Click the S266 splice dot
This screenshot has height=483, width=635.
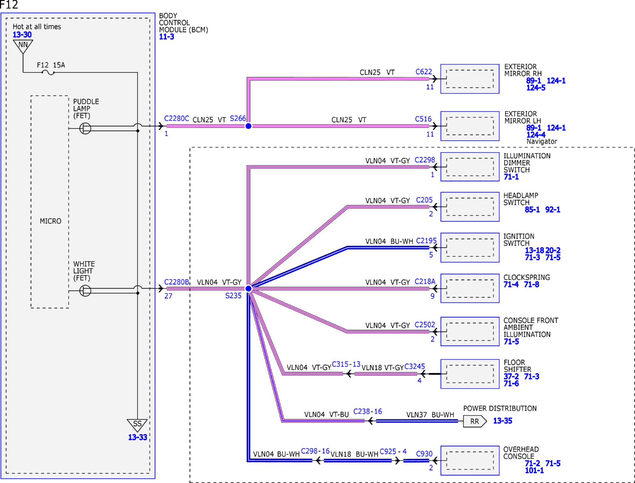248,126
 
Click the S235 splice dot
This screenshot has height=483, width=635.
248,289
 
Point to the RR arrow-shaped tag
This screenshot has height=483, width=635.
475,421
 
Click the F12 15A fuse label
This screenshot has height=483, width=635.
51,65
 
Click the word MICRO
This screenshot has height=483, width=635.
51,221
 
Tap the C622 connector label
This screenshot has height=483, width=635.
424,72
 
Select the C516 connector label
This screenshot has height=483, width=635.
423,119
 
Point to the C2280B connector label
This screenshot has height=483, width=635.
177,282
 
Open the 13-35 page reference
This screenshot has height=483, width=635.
503,421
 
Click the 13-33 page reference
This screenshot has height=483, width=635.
137,437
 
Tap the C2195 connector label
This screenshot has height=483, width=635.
426,241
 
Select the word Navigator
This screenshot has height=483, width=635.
542,141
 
